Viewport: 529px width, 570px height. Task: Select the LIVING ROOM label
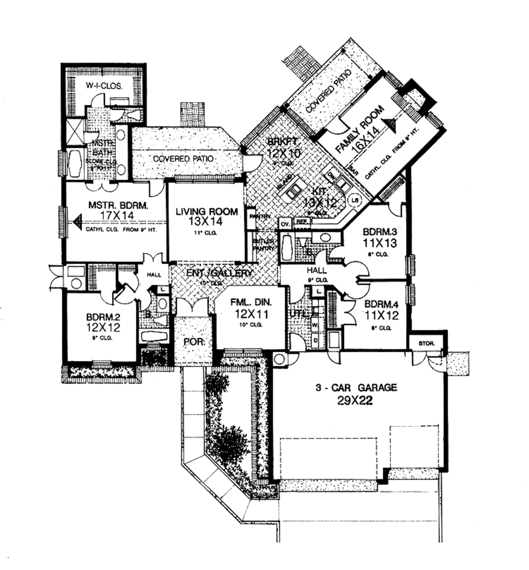click(x=207, y=211)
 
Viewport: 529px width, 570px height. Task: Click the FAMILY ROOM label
click(x=360, y=129)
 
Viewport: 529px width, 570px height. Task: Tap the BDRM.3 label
click(x=380, y=232)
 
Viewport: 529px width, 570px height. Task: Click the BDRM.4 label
click(x=381, y=304)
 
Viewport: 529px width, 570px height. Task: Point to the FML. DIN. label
click(x=251, y=303)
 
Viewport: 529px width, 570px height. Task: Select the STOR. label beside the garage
click(x=426, y=343)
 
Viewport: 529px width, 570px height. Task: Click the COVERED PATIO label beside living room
click(x=184, y=159)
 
